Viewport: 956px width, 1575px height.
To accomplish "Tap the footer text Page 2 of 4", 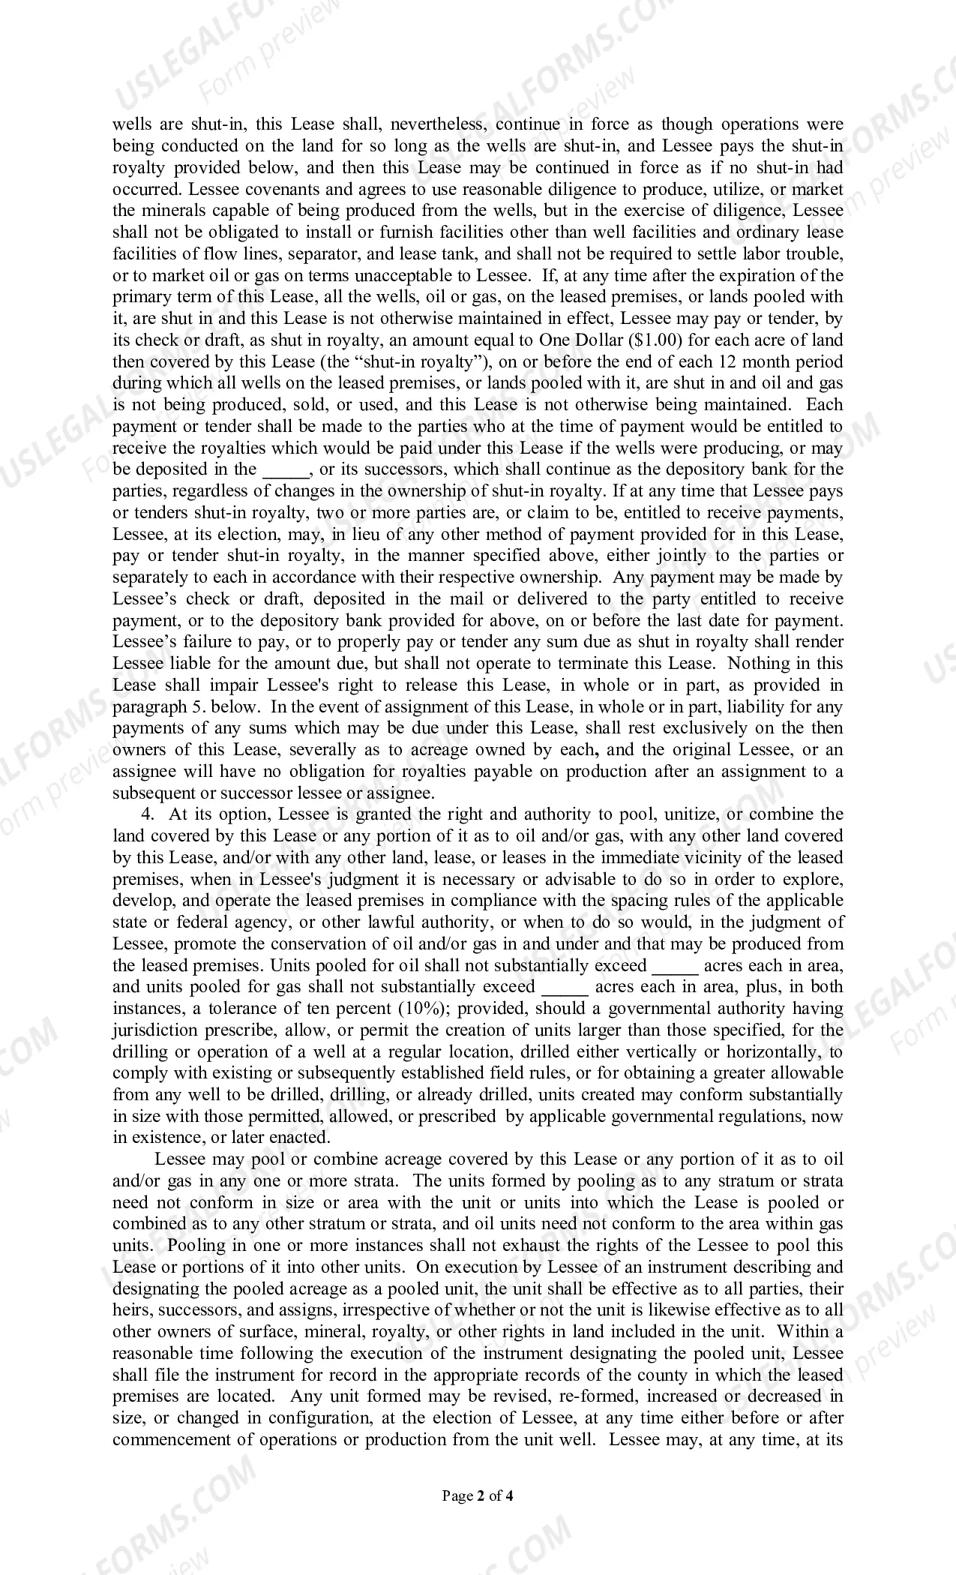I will [478, 1496].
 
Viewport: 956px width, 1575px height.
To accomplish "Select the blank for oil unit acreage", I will [676, 966].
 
